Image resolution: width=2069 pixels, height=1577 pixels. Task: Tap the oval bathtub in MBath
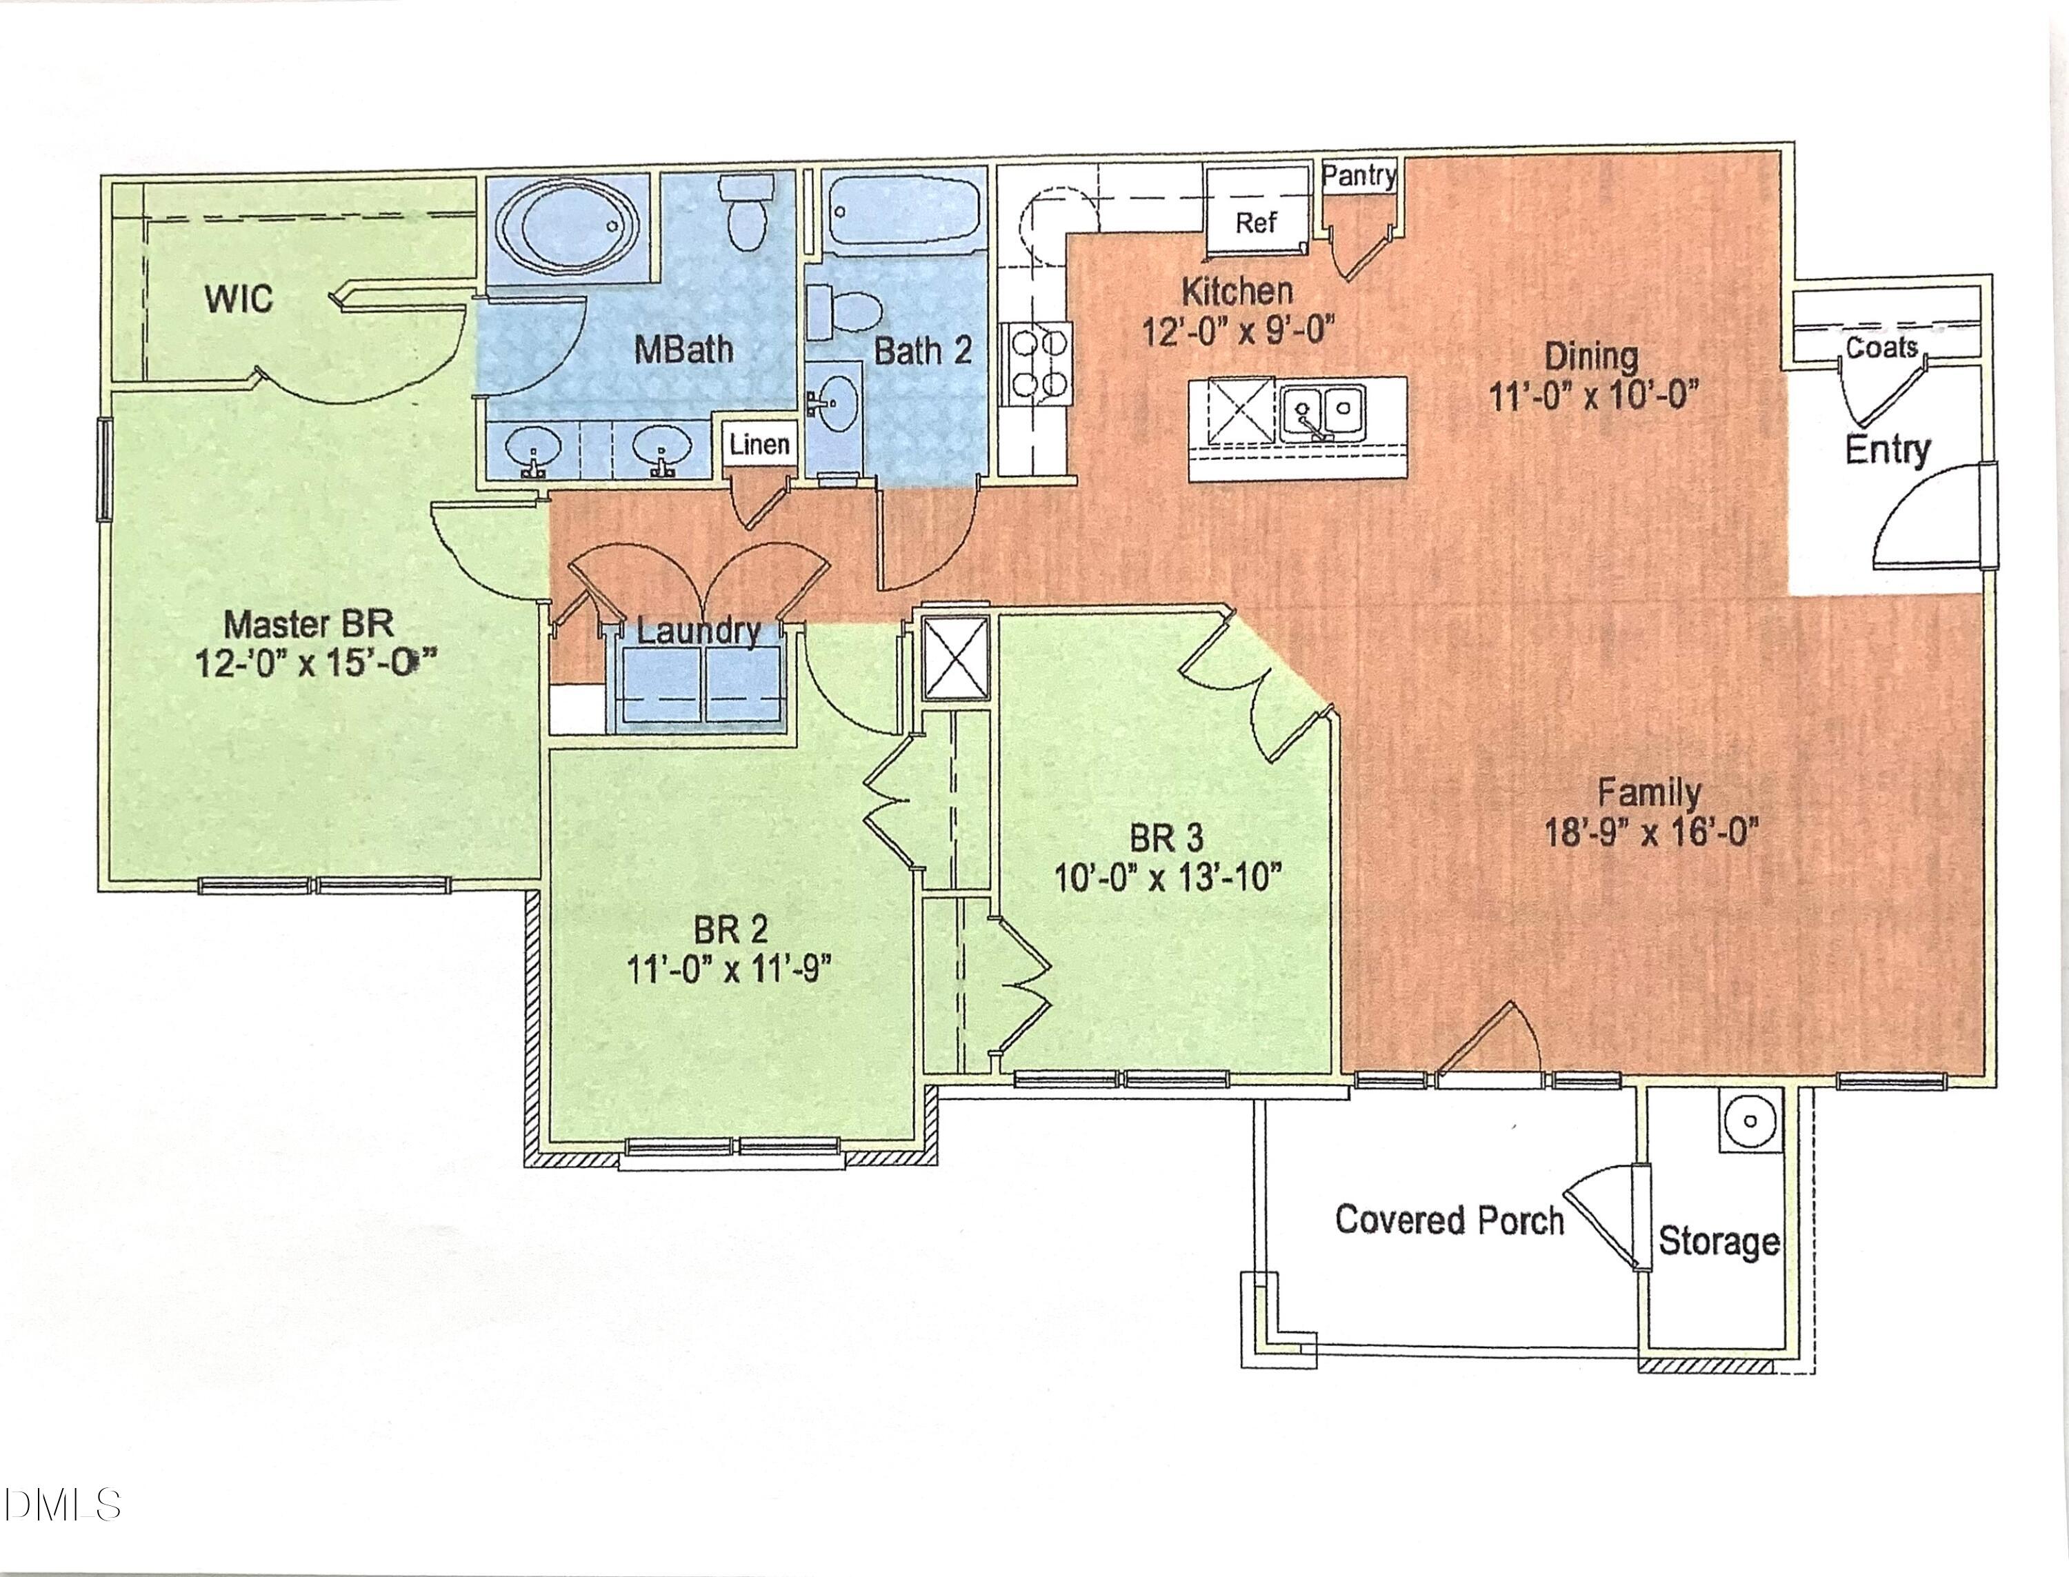click(568, 226)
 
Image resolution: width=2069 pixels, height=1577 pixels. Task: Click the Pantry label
click(1359, 176)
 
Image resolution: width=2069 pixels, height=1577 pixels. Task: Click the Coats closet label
click(1881, 348)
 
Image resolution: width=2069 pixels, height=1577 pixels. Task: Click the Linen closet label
click(759, 444)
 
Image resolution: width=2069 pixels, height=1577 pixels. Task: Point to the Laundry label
click(699, 631)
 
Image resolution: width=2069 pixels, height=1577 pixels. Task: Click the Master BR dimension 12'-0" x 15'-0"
click(317, 663)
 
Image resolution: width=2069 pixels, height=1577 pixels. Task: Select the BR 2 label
click(730, 930)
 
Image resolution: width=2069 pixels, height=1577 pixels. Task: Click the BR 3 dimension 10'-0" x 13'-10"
click(1167, 878)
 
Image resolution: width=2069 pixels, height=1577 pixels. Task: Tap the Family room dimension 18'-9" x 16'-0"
click(1650, 832)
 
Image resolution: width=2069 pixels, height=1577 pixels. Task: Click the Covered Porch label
click(1450, 1221)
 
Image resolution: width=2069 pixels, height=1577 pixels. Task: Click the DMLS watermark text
click(61, 1505)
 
